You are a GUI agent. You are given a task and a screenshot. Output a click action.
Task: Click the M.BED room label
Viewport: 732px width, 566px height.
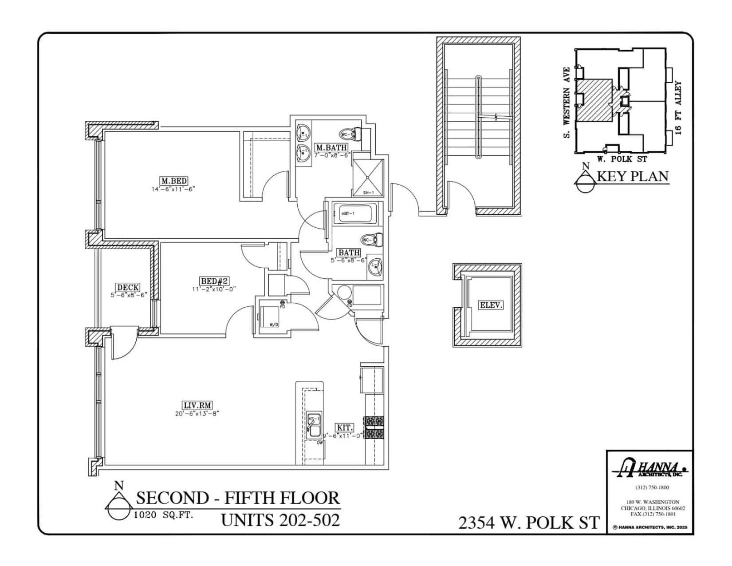(173, 181)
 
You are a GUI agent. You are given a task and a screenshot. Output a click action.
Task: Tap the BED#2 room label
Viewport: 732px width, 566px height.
(214, 281)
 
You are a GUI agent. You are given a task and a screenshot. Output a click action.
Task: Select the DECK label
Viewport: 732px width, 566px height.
(128, 288)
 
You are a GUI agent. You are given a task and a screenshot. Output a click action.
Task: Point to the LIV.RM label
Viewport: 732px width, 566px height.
(197, 405)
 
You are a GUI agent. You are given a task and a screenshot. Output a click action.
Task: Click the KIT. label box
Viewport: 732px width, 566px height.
(345, 427)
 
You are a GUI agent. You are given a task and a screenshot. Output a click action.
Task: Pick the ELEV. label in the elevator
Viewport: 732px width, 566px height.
(491, 305)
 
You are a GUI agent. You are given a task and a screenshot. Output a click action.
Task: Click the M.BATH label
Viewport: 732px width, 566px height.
(331, 147)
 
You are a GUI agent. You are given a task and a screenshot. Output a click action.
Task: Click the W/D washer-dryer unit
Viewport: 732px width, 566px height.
(270, 316)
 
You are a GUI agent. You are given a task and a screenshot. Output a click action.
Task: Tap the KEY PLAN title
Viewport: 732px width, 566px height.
(632, 177)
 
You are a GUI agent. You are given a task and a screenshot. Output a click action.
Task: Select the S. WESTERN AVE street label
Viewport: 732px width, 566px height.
(567, 103)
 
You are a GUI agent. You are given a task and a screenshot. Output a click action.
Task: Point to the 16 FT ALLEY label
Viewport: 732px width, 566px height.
(677, 107)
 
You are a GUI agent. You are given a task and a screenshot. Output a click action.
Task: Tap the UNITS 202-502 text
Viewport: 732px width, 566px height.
(280, 520)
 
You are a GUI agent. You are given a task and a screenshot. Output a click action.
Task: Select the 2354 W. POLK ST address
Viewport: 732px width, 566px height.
(529, 523)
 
